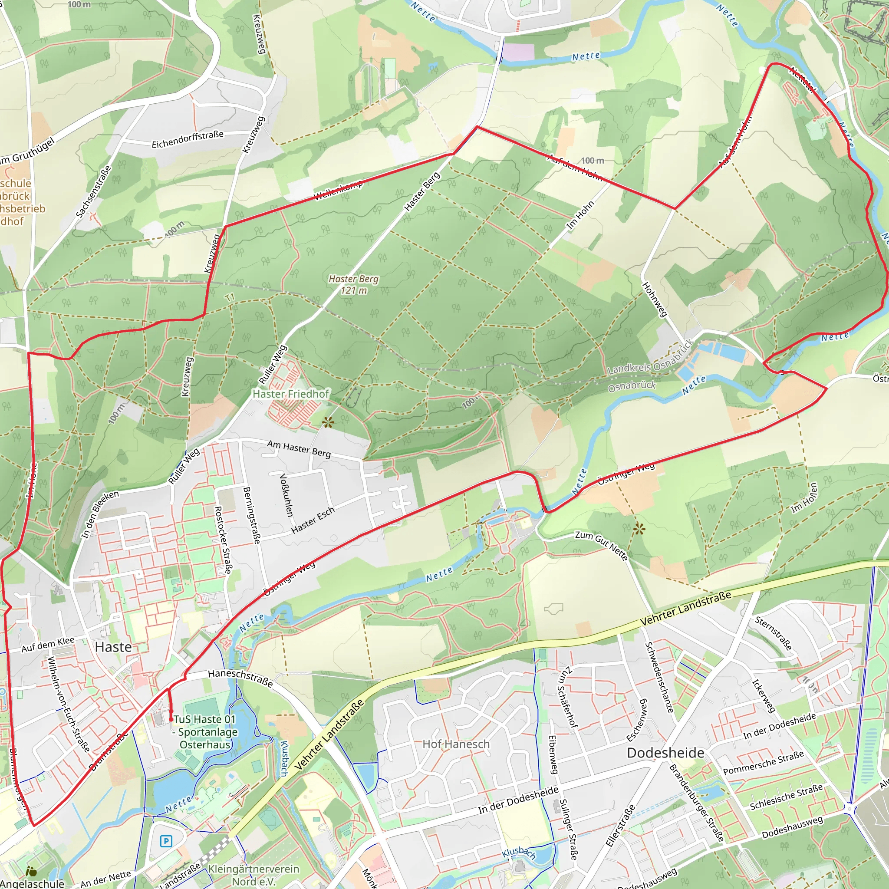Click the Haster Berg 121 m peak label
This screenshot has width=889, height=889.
(353, 284)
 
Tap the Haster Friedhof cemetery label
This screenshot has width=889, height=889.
(291, 394)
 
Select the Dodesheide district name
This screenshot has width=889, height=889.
(665, 753)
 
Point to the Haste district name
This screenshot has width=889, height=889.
(113, 647)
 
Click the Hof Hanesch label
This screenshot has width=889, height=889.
(456, 744)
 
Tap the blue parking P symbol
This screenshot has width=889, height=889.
(166, 842)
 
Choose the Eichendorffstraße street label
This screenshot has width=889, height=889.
(188, 138)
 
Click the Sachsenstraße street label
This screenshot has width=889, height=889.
(93, 191)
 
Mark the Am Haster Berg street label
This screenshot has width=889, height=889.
(299, 449)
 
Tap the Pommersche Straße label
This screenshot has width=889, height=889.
(764, 762)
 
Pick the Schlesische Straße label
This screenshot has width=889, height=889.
(787, 797)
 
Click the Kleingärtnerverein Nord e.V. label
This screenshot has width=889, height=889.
(254, 875)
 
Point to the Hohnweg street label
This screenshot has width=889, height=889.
(654, 300)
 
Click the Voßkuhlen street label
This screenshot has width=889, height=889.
(286, 495)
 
